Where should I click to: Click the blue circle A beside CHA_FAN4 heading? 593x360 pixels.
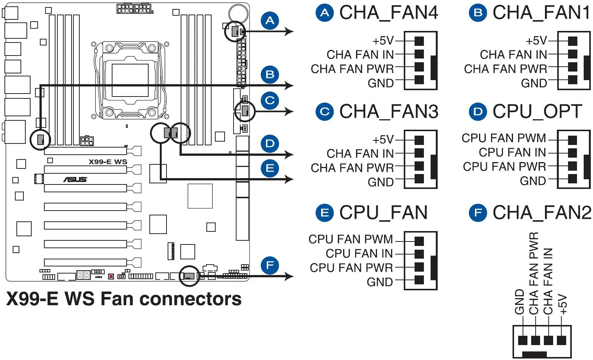325,13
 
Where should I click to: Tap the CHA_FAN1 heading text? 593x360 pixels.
541,13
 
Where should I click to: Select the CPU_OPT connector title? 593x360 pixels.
537,112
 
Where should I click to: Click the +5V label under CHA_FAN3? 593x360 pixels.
383,140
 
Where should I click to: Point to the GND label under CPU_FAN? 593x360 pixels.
380,282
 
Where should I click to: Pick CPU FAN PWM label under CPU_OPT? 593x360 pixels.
504,138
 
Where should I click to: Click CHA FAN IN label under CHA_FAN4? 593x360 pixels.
360,55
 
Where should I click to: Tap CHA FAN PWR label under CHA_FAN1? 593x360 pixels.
505,69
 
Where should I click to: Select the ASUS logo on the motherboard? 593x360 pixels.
75,180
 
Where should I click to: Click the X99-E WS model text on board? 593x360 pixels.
108,162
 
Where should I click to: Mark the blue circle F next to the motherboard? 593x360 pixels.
270,265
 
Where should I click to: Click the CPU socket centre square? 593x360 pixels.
130,80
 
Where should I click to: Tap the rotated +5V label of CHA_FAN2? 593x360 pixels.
563,304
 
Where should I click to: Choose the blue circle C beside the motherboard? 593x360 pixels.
270,101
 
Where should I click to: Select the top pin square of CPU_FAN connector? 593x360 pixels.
419,241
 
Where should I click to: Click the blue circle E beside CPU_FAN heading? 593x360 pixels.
325,213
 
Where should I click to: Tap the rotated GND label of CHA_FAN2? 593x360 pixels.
520,302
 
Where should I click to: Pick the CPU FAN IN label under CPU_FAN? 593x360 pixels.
359,253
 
